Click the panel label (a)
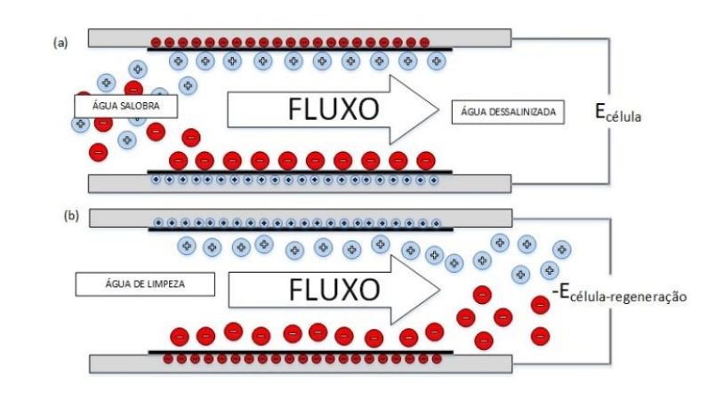(60, 42)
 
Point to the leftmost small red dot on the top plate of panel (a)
(156, 41)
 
